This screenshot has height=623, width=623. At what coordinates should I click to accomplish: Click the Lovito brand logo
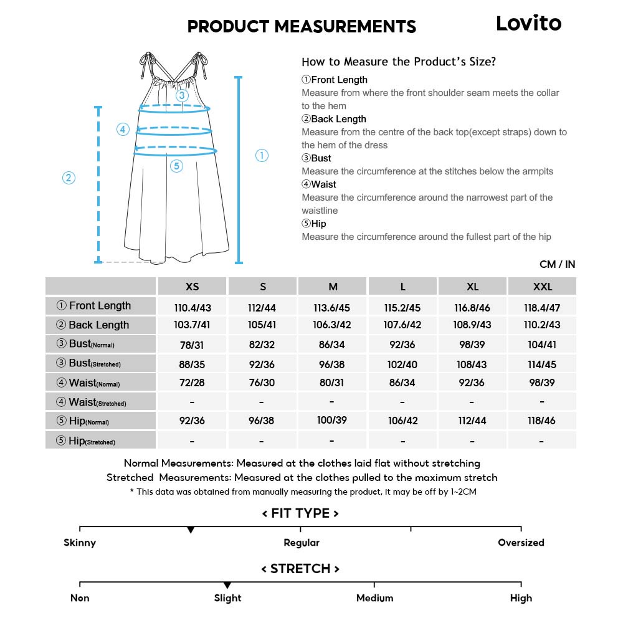528,24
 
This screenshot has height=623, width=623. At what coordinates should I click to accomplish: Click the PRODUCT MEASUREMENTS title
302,27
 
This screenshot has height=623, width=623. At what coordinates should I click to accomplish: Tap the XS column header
193,287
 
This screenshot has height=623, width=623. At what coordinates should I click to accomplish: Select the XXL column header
542,287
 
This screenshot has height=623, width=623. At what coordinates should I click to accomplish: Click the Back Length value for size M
333,325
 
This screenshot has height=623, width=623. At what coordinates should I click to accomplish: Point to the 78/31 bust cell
193,345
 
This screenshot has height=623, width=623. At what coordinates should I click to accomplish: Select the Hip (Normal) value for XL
472,421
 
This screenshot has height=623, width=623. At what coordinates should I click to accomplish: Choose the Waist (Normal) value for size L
402,383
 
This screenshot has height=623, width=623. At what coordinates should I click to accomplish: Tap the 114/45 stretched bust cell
542,364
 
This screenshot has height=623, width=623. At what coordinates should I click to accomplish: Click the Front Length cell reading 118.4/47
542,307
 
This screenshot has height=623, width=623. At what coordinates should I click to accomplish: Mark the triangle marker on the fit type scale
191,530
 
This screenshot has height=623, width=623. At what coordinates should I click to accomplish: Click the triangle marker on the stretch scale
227,586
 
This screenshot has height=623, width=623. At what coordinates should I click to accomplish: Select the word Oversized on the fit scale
521,543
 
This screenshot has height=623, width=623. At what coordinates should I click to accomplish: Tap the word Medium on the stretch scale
374,598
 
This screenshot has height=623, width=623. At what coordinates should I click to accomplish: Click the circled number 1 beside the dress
262,156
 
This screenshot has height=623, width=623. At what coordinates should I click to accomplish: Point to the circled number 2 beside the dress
69,178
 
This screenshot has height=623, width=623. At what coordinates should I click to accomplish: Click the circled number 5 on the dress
176,166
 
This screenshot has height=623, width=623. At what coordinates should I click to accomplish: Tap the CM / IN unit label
557,265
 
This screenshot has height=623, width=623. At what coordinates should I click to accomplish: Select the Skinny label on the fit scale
80,543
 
